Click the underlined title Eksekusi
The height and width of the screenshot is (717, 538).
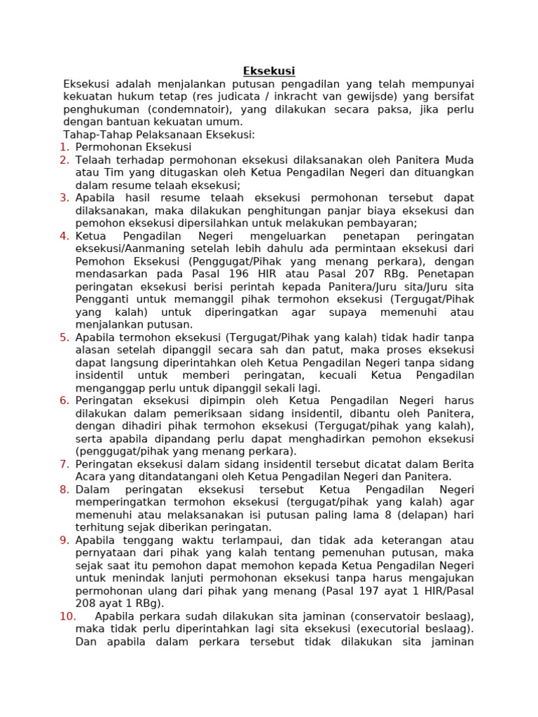(x=269, y=71)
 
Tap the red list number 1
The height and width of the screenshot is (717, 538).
(x=64, y=147)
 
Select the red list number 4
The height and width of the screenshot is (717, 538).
(x=64, y=236)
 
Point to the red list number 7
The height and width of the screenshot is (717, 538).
(x=64, y=464)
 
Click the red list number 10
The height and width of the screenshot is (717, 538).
(x=67, y=616)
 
